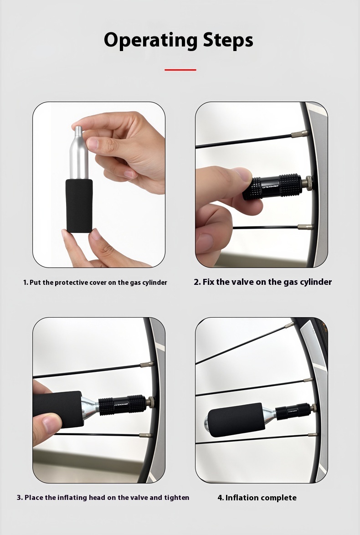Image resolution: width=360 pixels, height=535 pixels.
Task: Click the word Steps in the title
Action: tap(228, 40)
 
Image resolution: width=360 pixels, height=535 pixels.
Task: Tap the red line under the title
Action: tap(180, 70)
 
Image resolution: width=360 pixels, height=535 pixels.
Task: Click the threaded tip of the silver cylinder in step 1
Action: tap(78, 130)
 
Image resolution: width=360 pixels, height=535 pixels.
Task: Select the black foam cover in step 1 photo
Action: tap(79, 205)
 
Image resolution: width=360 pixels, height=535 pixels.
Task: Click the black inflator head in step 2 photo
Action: tap(273, 187)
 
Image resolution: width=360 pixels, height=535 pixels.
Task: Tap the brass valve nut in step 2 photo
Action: tap(308, 183)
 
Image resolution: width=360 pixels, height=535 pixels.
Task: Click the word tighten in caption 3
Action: tap(177, 498)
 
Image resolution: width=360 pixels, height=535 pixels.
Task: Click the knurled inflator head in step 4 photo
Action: tap(293, 411)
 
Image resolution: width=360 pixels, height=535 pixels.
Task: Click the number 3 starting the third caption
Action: tap(19, 498)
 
